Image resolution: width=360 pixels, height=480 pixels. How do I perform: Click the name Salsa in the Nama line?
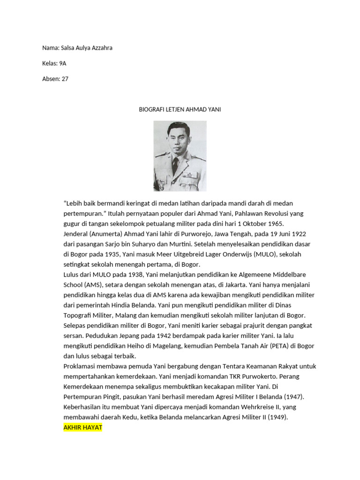(x=68, y=48)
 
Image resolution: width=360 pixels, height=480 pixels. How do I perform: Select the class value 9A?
(x=63, y=63)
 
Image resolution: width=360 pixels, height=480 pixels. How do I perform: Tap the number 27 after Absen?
(x=65, y=79)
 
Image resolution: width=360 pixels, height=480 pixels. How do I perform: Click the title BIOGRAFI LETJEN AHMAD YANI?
(x=180, y=110)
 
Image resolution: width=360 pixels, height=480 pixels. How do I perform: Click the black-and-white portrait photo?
(x=180, y=156)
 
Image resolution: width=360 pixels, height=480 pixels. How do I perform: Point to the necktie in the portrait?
(x=175, y=165)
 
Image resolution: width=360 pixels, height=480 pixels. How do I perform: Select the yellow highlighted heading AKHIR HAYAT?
(x=82, y=428)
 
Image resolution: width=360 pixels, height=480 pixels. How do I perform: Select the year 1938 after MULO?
(x=123, y=275)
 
